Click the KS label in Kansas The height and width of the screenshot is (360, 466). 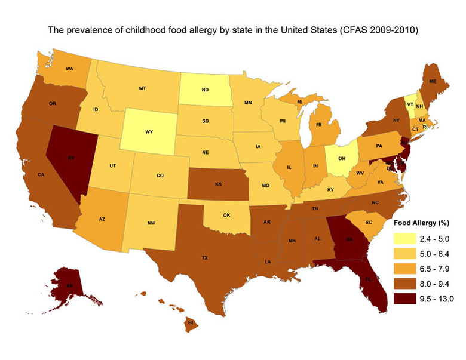[218, 184]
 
